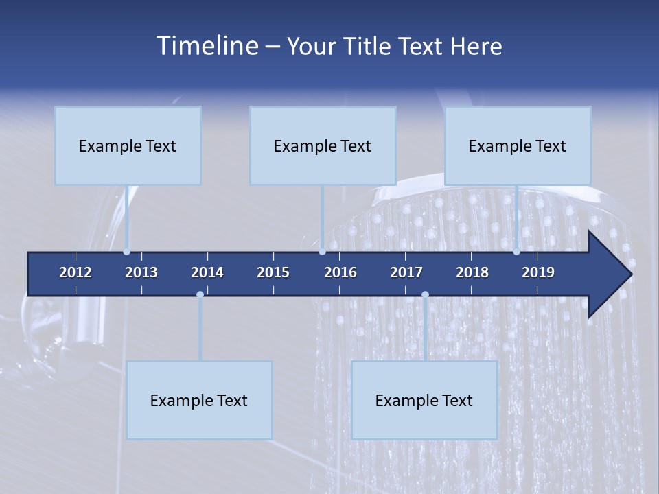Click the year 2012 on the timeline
(x=76, y=272)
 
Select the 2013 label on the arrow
(x=141, y=272)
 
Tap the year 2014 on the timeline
(x=207, y=272)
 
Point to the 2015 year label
(x=273, y=272)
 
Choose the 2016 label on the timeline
(x=340, y=272)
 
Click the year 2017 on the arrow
(x=406, y=272)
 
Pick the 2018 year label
(x=472, y=272)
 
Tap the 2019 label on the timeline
(x=538, y=272)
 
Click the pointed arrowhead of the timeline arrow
(x=614, y=274)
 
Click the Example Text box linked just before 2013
(x=128, y=145)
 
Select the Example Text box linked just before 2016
(x=323, y=145)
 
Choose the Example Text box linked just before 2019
(x=518, y=145)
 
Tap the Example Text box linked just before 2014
(x=199, y=400)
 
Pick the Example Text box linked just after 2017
(x=424, y=400)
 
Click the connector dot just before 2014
(x=200, y=294)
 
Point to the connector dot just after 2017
(x=425, y=294)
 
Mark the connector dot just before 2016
(x=322, y=252)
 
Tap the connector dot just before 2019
(x=516, y=252)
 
